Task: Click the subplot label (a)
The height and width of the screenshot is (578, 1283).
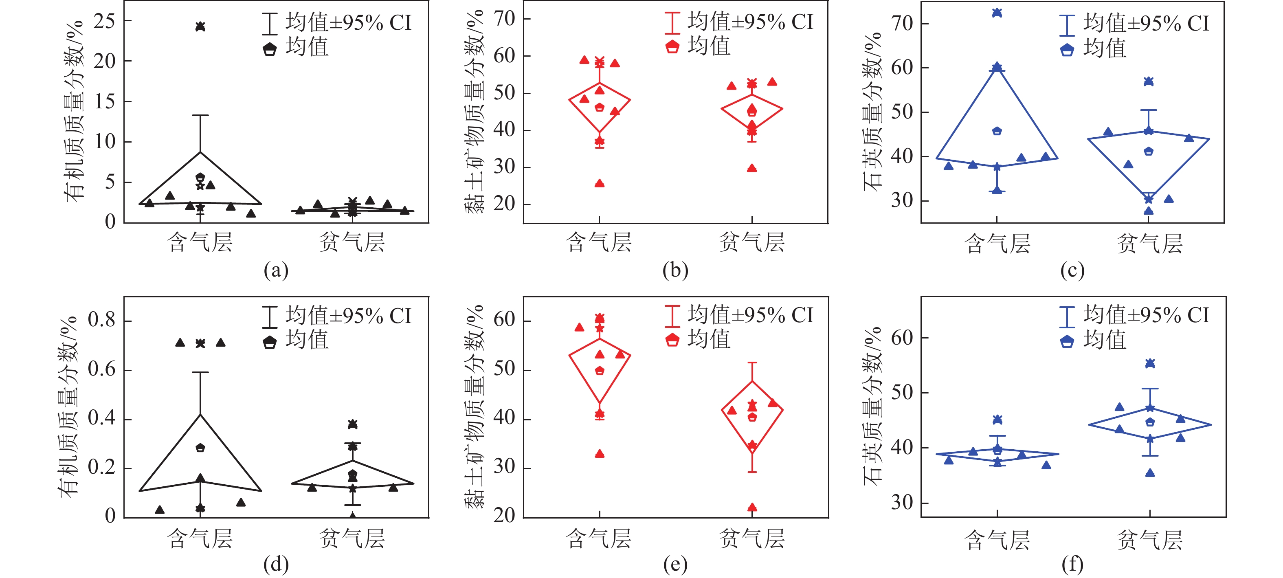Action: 276,270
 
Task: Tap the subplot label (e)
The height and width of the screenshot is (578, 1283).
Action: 675,565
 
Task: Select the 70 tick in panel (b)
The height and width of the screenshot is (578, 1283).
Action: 504,19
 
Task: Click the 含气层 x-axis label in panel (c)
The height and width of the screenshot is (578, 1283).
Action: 997,244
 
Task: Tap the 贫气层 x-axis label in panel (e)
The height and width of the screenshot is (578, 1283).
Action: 751,538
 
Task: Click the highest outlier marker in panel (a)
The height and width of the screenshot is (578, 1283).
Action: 200,26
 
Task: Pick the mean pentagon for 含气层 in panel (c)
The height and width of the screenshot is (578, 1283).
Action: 997,131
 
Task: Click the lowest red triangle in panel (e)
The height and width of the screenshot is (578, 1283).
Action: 752,507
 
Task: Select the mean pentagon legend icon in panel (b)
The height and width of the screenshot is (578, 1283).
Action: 672,47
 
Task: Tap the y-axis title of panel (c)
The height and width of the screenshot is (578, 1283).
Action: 872,112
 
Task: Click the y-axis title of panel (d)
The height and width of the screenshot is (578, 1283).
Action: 68,406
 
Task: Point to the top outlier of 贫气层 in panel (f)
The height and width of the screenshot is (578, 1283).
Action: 1150,363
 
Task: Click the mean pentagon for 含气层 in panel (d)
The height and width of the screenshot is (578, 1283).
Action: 200,448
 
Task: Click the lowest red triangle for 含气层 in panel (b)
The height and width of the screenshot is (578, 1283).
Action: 600,183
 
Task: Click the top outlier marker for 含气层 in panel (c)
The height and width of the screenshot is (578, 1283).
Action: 997,13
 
